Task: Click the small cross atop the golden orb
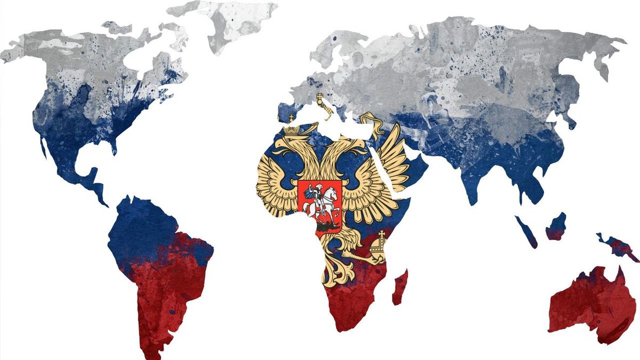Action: tap(382, 235)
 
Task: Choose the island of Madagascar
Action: tap(400, 287)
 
